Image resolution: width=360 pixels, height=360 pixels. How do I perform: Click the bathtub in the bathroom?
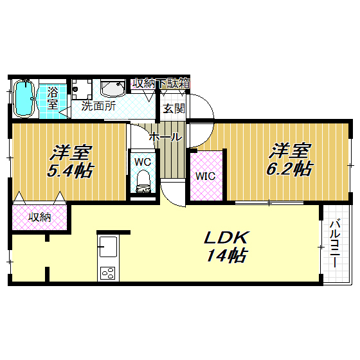click(x=24, y=99)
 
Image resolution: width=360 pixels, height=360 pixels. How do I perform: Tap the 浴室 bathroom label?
click(x=53, y=98)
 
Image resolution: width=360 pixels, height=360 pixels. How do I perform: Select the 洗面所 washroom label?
click(x=98, y=106)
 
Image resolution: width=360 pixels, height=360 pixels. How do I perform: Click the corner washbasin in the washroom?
click(x=113, y=89)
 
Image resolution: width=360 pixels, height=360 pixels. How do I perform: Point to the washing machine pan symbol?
click(x=81, y=89)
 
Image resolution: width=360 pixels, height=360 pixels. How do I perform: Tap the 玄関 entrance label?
click(x=174, y=108)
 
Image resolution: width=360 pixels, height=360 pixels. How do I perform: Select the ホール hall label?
click(x=165, y=138)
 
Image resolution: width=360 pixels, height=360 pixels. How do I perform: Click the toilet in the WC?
click(x=143, y=181)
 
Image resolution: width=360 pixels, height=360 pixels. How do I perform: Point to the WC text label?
click(x=143, y=162)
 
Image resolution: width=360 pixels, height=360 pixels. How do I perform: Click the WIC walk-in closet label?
click(x=205, y=176)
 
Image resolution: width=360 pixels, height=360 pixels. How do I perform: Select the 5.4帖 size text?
click(x=70, y=170)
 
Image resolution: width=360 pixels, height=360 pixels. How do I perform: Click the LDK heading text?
click(x=226, y=238)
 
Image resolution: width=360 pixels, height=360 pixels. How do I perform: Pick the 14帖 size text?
click(x=226, y=255)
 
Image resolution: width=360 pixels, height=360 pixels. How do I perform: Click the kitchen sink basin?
click(x=108, y=247)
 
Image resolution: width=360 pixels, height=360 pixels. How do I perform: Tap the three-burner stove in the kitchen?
click(x=108, y=273)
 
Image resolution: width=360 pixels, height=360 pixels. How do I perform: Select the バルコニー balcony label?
click(x=335, y=244)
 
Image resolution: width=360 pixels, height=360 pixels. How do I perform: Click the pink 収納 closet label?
click(x=39, y=217)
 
